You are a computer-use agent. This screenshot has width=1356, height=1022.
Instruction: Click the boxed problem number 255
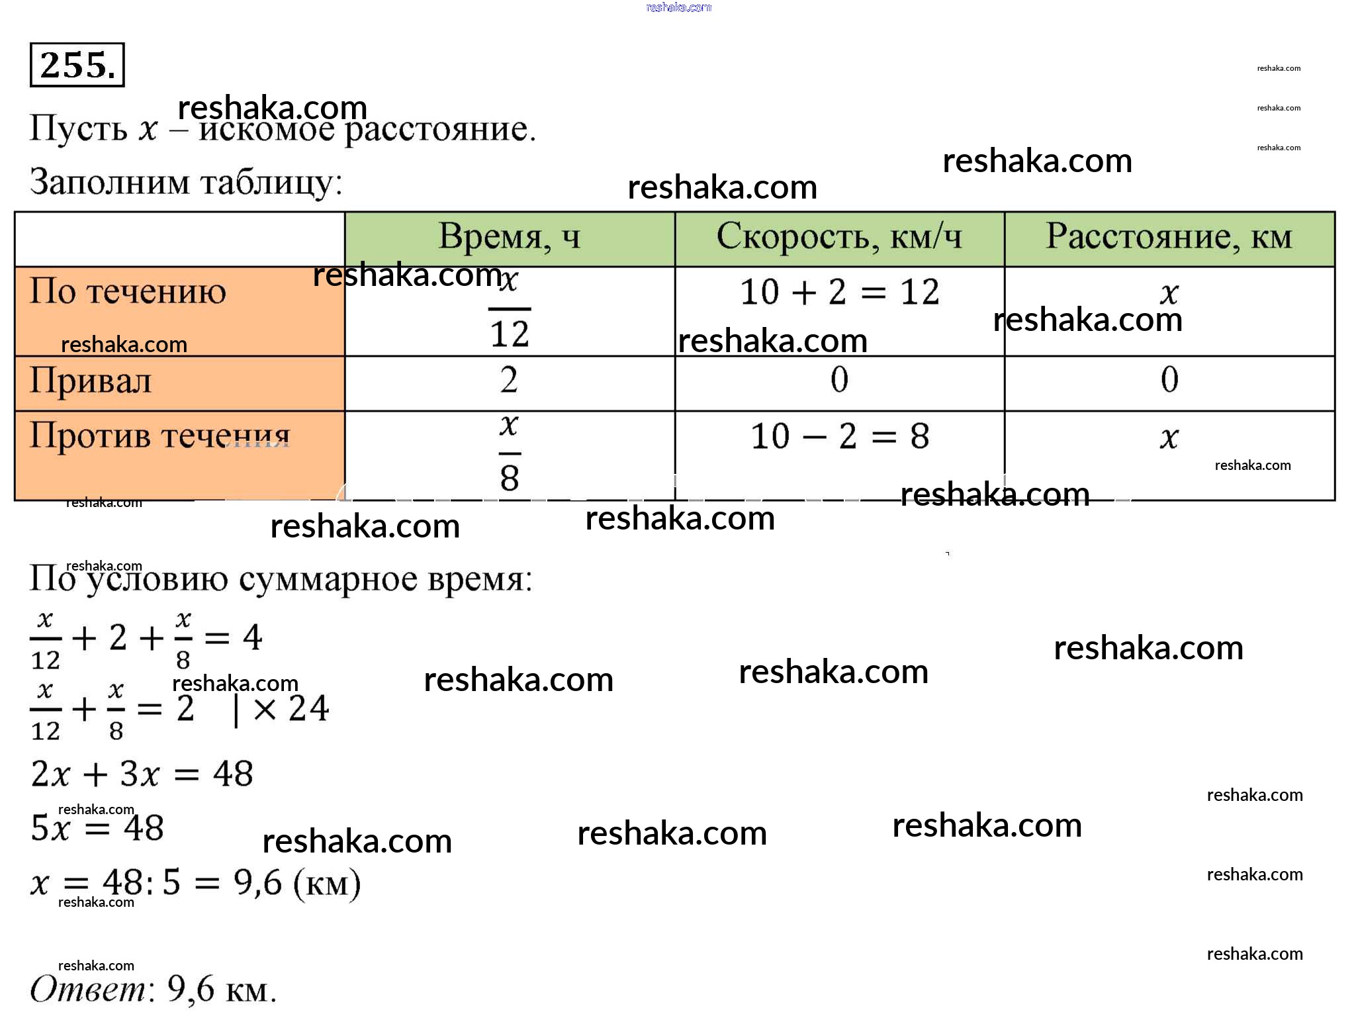click(77, 65)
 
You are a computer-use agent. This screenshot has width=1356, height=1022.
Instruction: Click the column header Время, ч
click(509, 237)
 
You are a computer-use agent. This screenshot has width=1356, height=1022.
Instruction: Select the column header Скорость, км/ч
click(839, 237)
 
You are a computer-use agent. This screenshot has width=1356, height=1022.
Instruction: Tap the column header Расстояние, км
click(1169, 237)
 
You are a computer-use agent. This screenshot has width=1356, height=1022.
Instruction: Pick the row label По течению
click(128, 291)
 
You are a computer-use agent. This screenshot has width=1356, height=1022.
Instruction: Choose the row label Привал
click(91, 381)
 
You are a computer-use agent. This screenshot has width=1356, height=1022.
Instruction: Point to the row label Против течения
click(159, 436)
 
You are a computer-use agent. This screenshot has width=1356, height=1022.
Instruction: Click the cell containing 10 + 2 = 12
click(839, 292)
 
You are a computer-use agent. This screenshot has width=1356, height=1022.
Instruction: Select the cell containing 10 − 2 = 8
click(839, 436)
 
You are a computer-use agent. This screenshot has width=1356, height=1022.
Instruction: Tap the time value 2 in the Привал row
click(509, 380)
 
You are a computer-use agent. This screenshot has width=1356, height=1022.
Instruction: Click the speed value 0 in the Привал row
click(839, 380)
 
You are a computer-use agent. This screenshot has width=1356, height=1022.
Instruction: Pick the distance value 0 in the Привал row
click(1169, 380)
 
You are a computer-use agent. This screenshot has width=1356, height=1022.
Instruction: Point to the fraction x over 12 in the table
click(509, 309)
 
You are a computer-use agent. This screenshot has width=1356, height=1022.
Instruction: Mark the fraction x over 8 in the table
click(509, 453)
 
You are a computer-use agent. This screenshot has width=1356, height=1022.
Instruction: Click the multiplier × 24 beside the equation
click(291, 709)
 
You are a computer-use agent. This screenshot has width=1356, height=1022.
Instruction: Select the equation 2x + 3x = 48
click(142, 773)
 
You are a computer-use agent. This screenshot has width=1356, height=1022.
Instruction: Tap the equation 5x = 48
click(97, 827)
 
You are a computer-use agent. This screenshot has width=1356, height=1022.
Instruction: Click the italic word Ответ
click(88, 990)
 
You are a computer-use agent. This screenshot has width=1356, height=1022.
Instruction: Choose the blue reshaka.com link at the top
click(678, 7)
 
